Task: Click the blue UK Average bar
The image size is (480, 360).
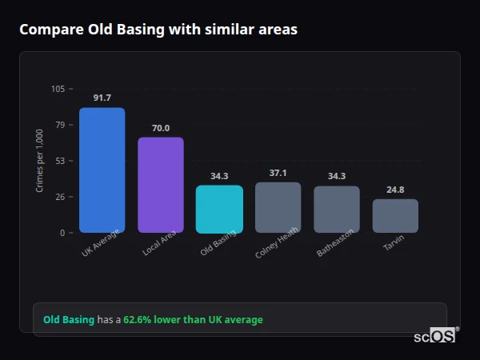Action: pyautogui.click(x=102, y=170)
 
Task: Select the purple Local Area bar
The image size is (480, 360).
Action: pyautogui.click(x=160, y=185)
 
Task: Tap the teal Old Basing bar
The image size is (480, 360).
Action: pyautogui.click(x=219, y=209)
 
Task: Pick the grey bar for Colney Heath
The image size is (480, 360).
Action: pyautogui.click(x=278, y=207)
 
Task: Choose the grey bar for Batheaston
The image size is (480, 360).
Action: pyautogui.click(x=336, y=209)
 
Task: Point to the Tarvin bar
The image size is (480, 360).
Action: pyautogui.click(x=395, y=216)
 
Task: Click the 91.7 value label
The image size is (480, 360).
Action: pyautogui.click(x=102, y=98)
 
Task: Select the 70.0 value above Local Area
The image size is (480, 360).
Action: pyautogui.click(x=160, y=127)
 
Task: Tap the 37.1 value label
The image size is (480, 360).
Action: pyautogui.click(x=278, y=173)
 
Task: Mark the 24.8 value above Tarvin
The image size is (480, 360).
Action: pyautogui.click(x=395, y=190)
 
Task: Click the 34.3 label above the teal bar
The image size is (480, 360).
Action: pyautogui.click(x=219, y=176)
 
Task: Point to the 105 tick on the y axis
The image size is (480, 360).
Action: pyautogui.click(x=58, y=89)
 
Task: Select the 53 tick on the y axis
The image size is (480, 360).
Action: pyautogui.click(x=59, y=161)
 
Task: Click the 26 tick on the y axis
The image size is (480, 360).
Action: pyautogui.click(x=59, y=197)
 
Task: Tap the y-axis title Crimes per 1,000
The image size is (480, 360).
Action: pyautogui.click(x=39, y=160)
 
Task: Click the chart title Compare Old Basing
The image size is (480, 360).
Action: pyautogui.click(x=158, y=30)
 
